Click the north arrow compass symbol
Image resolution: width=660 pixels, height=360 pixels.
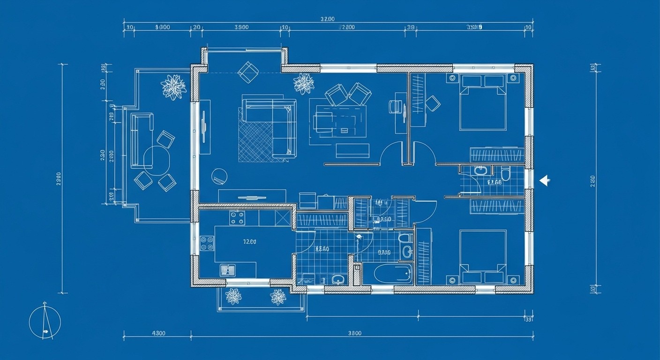(x=45, y=322)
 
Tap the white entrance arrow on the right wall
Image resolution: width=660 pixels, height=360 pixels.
(x=544, y=180)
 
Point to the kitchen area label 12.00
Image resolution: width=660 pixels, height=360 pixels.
(x=249, y=242)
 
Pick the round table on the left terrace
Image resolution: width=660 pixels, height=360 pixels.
(x=157, y=159)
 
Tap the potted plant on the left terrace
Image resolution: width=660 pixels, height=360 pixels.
(x=173, y=87)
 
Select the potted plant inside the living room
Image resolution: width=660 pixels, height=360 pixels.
(x=304, y=83)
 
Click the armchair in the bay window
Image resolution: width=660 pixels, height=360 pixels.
(x=248, y=71)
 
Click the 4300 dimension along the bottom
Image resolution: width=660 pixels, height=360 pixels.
(x=158, y=334)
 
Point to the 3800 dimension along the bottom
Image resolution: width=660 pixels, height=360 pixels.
(x=355, y=334)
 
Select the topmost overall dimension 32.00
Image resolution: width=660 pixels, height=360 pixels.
(x=327, y=19)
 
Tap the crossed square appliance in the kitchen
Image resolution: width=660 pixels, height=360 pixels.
(x=284, y=218)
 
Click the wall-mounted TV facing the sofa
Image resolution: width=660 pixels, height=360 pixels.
(x=204, y=127)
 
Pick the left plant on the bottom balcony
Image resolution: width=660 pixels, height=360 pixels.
(x=233, y=296)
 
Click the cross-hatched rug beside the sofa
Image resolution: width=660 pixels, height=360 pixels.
(x=255, y=141)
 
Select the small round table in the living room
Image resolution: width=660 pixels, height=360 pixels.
(x=219, y=176)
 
